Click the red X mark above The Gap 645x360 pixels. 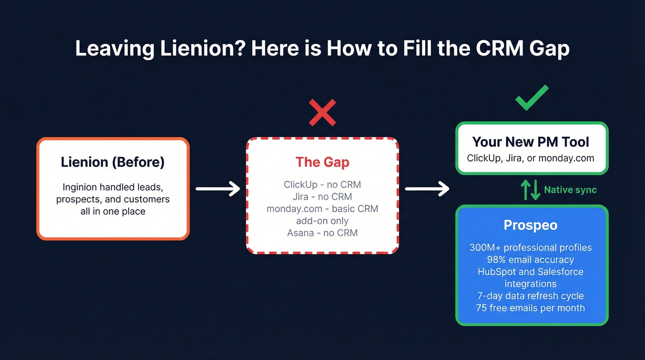click(322, 112)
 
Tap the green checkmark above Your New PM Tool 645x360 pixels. click(532, 97)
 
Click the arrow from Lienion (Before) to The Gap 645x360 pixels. click(218, 189)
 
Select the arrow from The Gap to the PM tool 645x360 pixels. click(427, 189)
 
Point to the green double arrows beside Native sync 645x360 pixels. click(530, 189)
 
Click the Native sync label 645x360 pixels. click(570, 189)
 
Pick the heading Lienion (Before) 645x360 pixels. click(112, 162)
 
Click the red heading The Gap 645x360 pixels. click(322, 162)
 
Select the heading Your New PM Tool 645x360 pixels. click(531, 142)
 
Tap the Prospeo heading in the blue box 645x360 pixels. click(530, 225)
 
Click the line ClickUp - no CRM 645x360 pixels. click(322, 185)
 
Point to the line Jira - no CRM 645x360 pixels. click(322, 197)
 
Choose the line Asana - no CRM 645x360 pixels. click(322, 233)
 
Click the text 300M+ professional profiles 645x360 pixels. click(530, 248)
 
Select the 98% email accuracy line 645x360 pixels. click(530, 260)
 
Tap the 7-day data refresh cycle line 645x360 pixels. click(530, 295)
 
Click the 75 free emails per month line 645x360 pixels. click(530, 307)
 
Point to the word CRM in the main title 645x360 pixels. click(500, 48)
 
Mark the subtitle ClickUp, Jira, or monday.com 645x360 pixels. click(530, 158)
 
